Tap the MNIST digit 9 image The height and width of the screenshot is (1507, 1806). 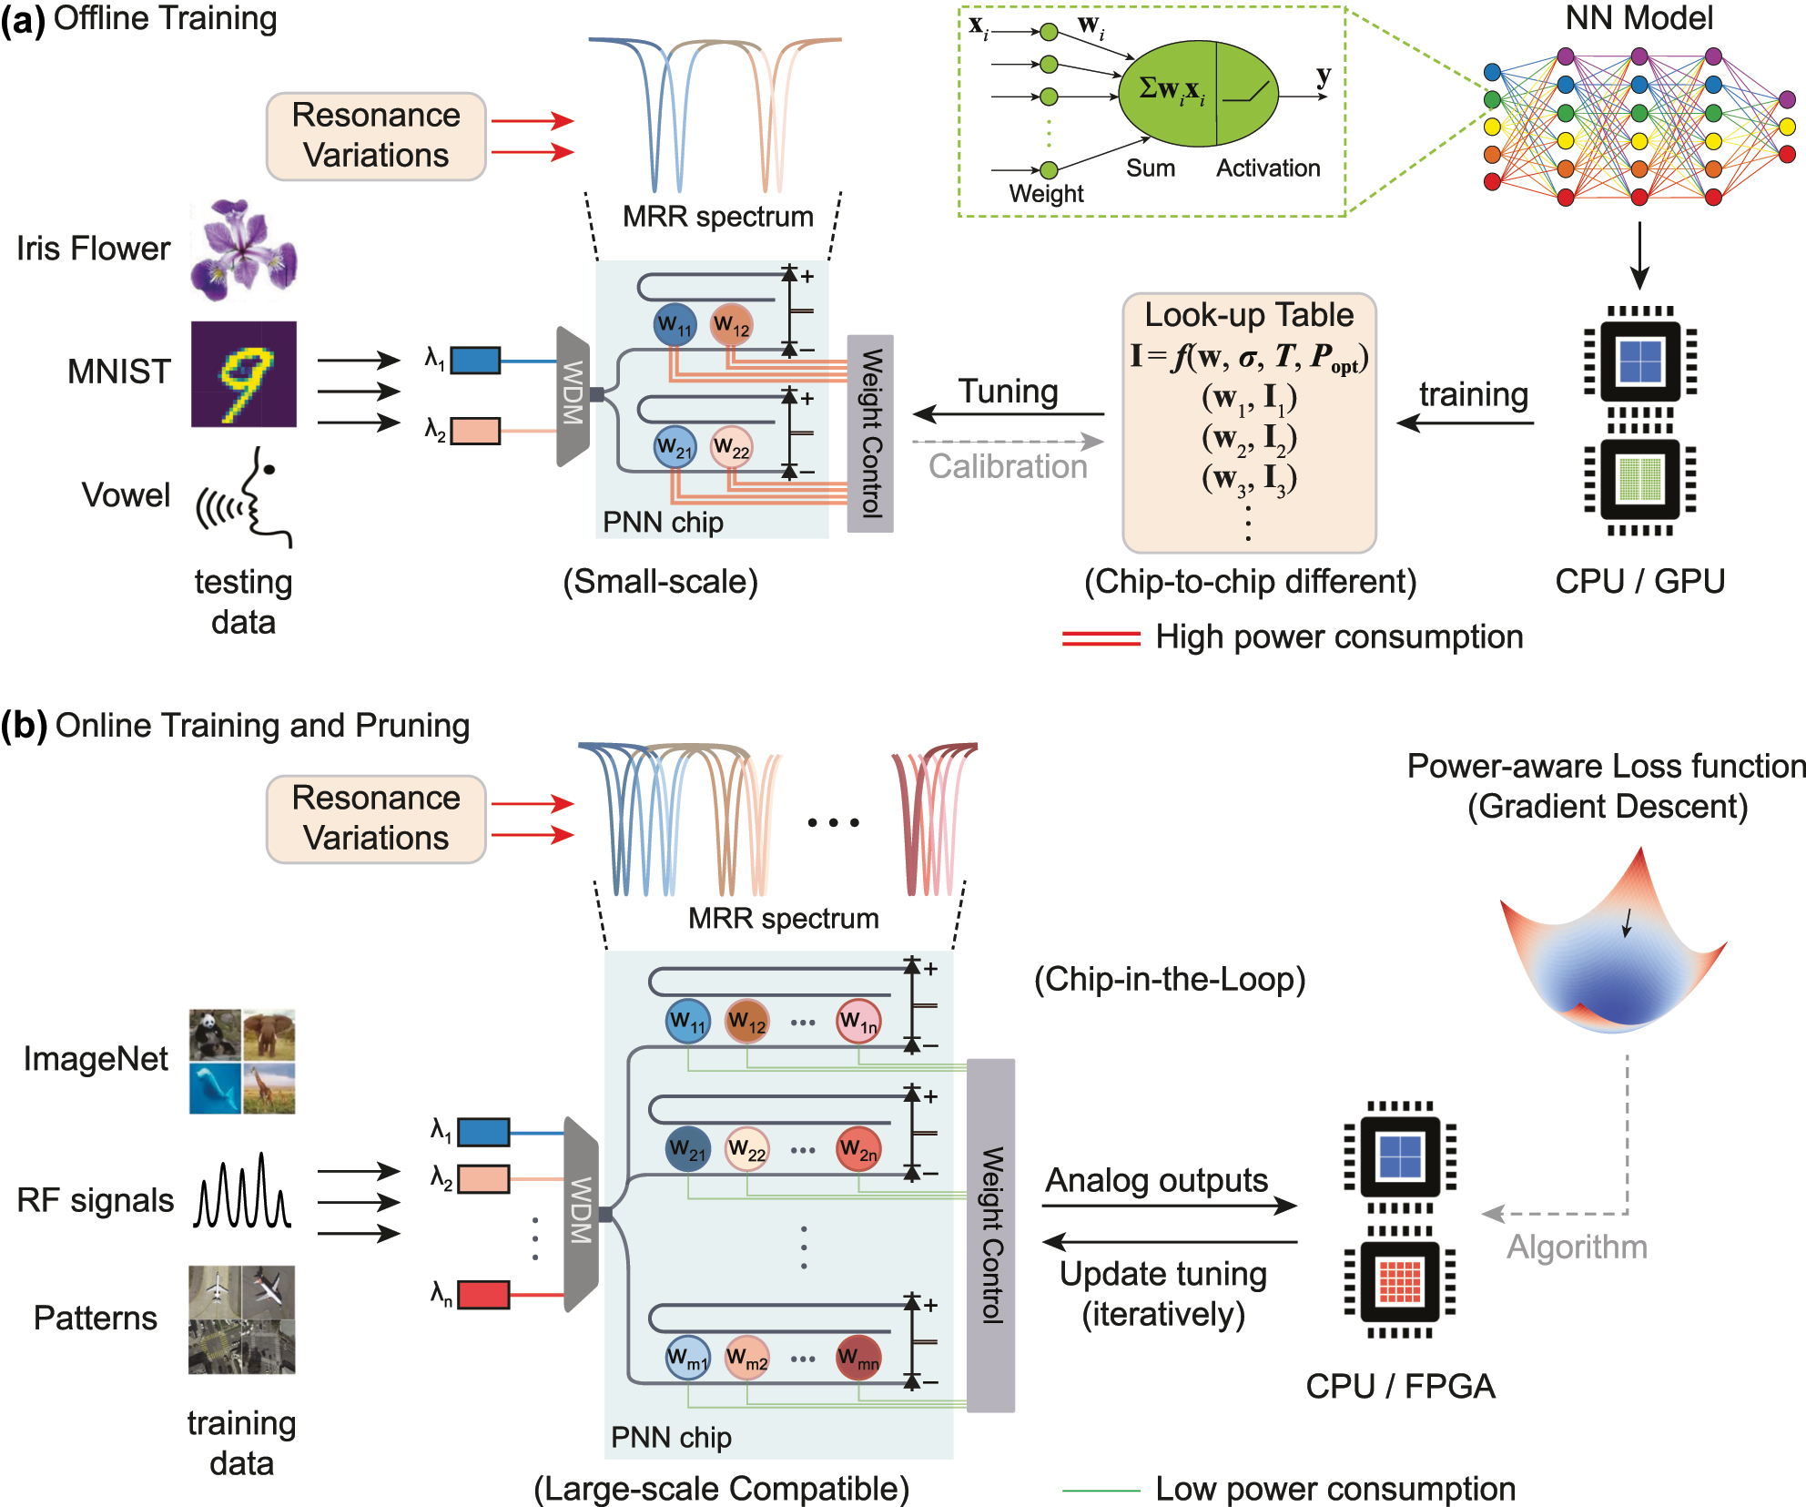(x=243, y=373)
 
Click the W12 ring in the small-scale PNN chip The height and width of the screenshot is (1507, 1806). (x=731, y=325)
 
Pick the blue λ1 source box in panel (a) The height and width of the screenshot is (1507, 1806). (x=475, y=361)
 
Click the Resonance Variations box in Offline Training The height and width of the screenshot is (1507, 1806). (x=376, y=136)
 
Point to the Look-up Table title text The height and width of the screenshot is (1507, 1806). (x=1249, y=315)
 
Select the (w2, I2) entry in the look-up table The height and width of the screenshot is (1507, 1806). (x=1249, y=438)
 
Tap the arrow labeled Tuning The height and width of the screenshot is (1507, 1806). (x=1008, y=414)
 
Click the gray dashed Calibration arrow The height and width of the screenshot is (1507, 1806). (x=1008, y=442)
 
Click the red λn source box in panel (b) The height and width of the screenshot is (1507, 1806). (x=483, y=1294)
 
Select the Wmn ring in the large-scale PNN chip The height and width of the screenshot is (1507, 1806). (x=858, y=1359)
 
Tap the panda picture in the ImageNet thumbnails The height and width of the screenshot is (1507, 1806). (x=215, y=1034)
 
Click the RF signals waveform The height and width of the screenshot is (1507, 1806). (x=242, y=1193)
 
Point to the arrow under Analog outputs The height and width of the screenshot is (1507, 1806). (x=1169, y=1206)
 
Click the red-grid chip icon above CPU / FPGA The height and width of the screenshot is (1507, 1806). (x=1400, y=1281)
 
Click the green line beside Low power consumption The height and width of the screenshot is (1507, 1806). (x=1101, y=1491)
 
